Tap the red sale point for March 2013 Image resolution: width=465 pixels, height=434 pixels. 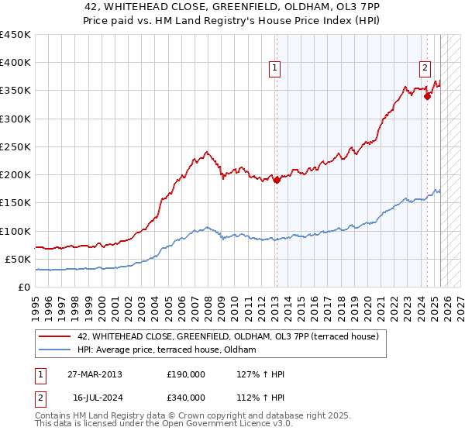277,181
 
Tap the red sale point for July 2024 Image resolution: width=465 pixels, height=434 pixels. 427,96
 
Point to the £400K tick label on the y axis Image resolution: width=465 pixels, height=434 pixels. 15,63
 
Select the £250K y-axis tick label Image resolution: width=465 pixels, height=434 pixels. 15,146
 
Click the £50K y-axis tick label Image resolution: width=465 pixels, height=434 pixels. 19,259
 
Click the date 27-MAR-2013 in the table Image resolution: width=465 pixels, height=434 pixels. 95,374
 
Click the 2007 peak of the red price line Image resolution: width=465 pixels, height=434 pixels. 206,152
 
